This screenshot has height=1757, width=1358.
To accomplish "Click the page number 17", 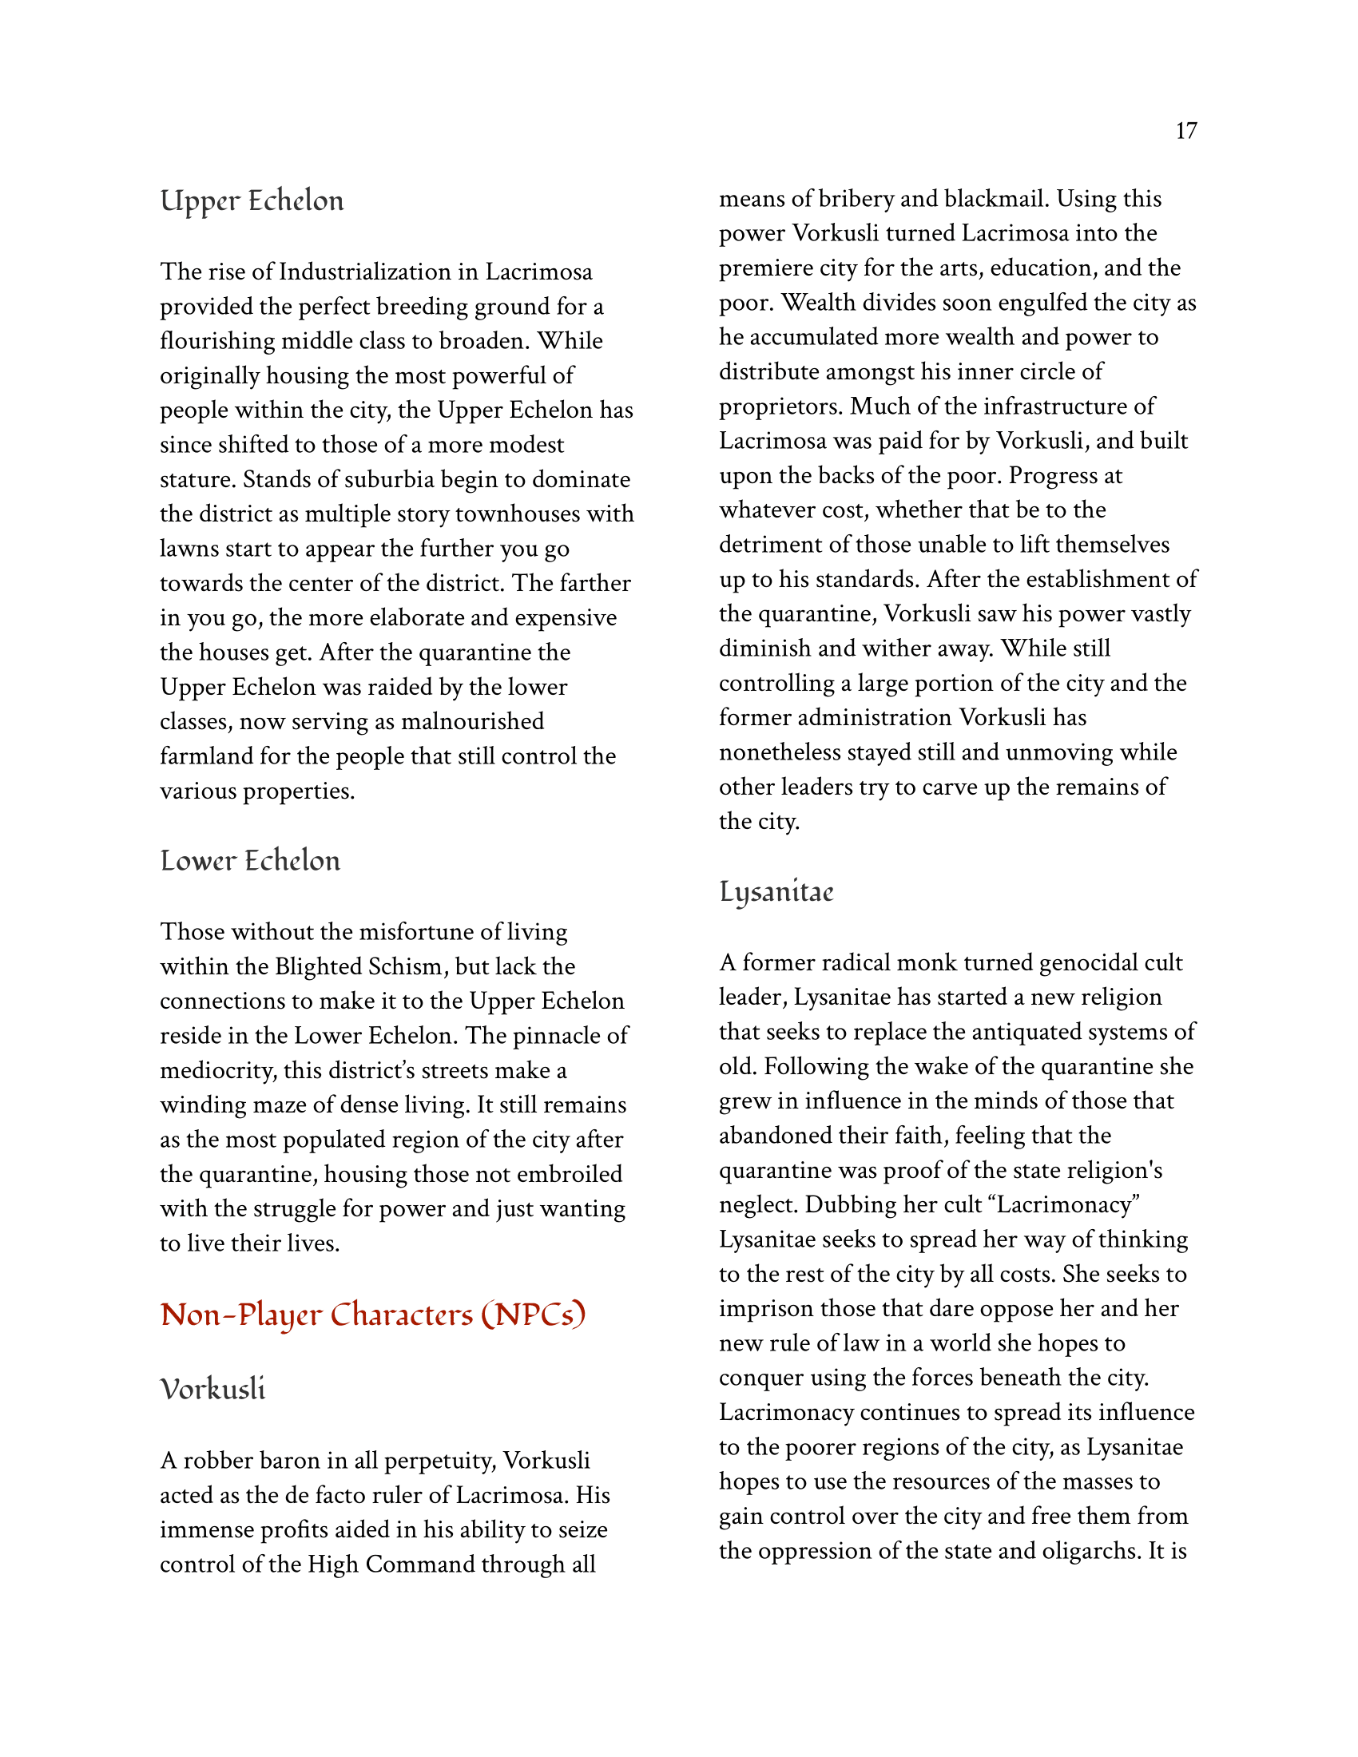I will (x=1185, y=131).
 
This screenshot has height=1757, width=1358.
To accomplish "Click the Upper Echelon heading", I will (x=252, y=201).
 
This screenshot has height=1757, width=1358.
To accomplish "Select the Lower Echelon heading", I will (x=250, y=861).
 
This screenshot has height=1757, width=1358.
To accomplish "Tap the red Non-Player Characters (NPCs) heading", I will (x=372, y=1315).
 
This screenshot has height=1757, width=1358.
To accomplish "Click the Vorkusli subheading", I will (x=212, y=1390).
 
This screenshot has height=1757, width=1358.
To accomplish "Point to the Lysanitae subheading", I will (x=776, y=892).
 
